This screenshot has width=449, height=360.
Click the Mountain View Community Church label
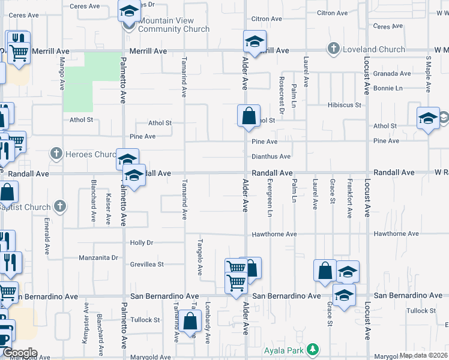pos(173,25)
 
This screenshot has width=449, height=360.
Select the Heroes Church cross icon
pos(56,154)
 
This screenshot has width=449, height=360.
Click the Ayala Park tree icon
pos(312,349)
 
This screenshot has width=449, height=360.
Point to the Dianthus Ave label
pos(271,157)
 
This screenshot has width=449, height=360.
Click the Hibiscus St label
pos(345,105)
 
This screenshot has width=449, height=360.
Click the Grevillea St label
pos(146,264)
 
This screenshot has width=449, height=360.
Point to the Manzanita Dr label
pos(98,258)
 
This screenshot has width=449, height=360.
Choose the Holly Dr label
pos(142,243)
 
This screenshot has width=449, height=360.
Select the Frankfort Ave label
pos(349,197)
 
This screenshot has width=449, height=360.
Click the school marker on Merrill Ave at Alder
pos(255,42)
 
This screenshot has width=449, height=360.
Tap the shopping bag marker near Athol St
pos(249,115)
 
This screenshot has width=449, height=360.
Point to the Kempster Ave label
pos(85,323)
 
